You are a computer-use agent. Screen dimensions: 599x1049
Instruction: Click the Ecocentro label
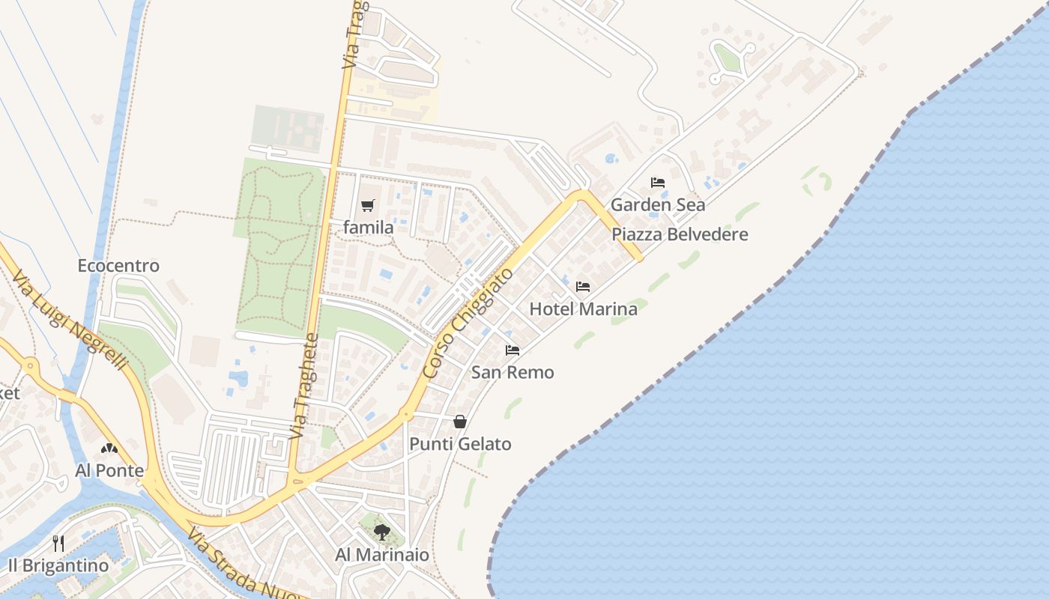coord(118,266)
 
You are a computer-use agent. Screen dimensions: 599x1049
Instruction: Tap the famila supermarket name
coord(369,227)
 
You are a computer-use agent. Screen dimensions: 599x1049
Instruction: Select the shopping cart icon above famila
coord(367,205)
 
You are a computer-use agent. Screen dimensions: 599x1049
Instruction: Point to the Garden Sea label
coord(658,204)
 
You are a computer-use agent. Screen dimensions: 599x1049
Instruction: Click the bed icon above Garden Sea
coord(658,183)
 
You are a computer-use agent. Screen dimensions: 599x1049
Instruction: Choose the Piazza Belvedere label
coord(680,234)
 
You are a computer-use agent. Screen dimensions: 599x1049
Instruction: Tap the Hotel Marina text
coord(584,308)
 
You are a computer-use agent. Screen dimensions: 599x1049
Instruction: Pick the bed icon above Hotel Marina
coord(583,287)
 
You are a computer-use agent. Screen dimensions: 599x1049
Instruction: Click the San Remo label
coord(513,372)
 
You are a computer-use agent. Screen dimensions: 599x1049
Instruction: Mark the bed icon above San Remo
coord(513,350)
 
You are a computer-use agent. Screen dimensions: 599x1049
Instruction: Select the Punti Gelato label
coord(460,444)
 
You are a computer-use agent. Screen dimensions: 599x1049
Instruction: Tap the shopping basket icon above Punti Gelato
coord(460,422)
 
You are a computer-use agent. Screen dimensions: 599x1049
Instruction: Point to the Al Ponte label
coord(109,470)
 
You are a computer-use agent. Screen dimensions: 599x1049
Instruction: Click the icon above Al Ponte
coord(109,449)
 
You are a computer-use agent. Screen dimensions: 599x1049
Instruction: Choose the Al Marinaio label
coord(382,555)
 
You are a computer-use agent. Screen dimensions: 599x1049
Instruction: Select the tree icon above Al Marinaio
coord(382,532)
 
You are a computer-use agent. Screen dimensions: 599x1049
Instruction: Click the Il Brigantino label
coord(58,565)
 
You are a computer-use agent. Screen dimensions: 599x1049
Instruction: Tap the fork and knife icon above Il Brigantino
coord(58,543)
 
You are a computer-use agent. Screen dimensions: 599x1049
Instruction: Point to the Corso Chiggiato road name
coord(468,323)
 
